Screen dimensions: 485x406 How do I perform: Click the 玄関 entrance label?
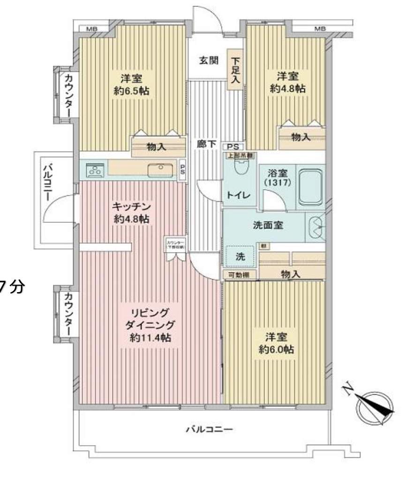(x=208, y=60)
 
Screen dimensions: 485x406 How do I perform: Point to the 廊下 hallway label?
(x=206, y=144)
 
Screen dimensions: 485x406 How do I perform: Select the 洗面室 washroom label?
(x=268, y=225)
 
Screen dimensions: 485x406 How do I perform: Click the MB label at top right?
(x=320, y=29)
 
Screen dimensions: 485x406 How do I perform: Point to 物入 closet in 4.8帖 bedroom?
(x=301, y=137)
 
